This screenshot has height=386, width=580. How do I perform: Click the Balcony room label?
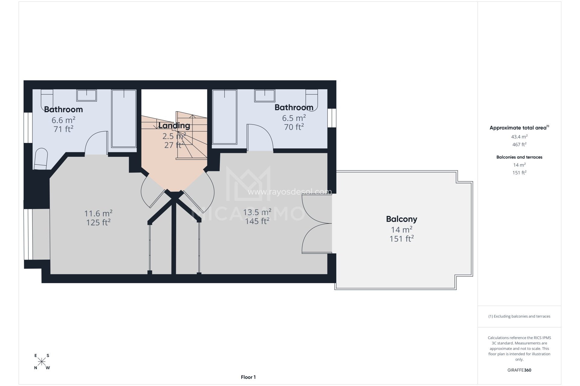(401, 219)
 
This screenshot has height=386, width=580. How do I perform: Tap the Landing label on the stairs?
(174, 125)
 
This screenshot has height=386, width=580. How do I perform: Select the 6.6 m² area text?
(63, 120)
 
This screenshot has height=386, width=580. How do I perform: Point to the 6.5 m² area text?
(294, 118)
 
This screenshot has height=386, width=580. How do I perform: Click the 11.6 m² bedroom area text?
(98, 214)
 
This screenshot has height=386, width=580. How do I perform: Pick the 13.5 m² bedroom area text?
(257, 212)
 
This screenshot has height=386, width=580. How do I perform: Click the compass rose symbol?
(42, 361)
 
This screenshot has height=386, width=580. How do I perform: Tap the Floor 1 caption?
(248, 377)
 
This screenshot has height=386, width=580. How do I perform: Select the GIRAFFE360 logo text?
(519, 370)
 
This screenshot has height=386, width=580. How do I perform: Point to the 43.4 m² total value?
(519, 137)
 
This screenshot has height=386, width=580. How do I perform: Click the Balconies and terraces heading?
(519, 157)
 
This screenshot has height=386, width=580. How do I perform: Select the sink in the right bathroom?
(265, 96)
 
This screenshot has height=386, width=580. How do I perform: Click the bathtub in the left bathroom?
(124, 118)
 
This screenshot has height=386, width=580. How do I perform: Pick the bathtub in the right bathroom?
(224, 117)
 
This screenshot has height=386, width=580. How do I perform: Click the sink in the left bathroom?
(86, 95)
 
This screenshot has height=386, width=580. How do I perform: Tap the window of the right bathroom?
(332, 118)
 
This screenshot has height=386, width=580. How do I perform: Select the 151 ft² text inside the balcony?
(401, 239)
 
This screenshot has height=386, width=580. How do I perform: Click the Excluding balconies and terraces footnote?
(519, 316)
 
